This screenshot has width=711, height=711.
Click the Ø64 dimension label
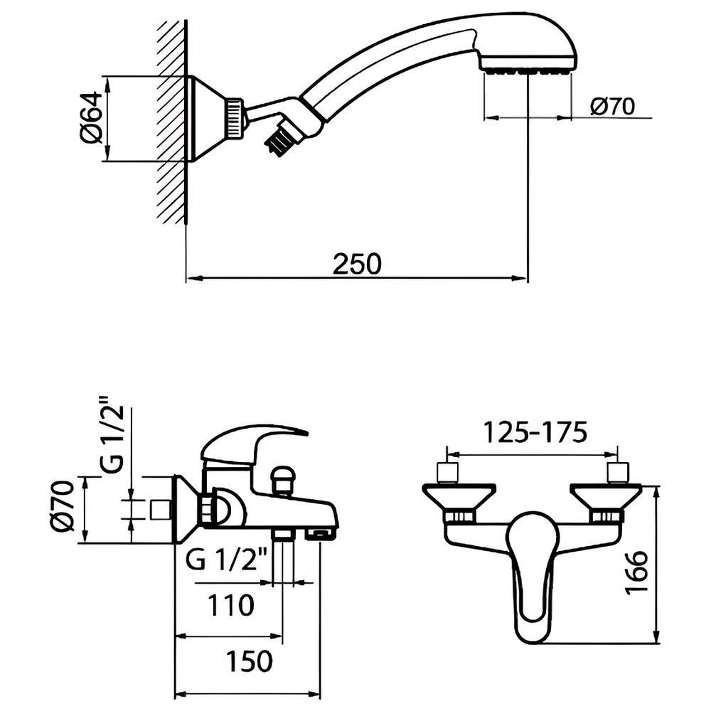pos(91,117)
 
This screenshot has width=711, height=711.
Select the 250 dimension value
pos(358,264)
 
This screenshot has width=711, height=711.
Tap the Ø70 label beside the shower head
pos(613,107)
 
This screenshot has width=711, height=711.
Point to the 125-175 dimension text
pos(535,432)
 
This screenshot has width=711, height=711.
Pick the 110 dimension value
pos(231,605)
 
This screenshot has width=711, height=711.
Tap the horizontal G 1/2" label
pos(225,559)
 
